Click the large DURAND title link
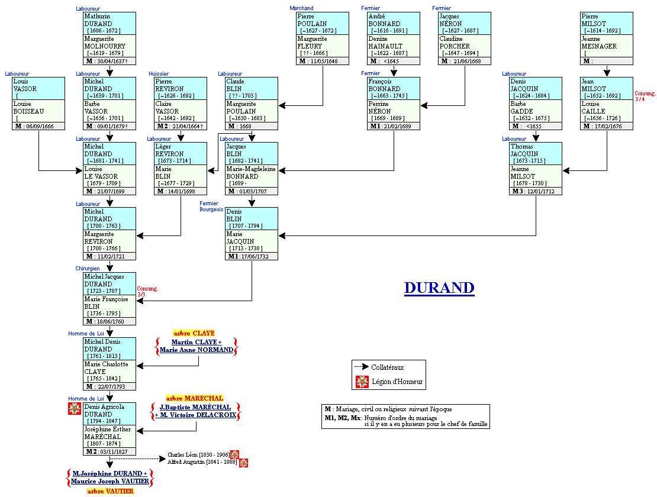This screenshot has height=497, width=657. (x=439, y=288)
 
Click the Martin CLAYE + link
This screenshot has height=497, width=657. (x=197, y=342)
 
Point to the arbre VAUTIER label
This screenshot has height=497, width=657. (x=110, y=491)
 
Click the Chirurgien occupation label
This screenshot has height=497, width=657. (x=88, y=269)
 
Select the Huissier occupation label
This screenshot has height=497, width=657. (x=159, y=73)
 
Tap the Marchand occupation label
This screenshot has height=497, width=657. (x=301, y=8)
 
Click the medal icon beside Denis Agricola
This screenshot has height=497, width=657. (x=75, y=408)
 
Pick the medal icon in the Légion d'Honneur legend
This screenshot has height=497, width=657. (x=362, y=382)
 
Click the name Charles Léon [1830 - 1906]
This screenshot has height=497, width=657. (x=198, y=454)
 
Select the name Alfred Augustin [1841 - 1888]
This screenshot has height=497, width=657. (x=202, y=462)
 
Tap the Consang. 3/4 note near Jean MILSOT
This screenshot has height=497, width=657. (x=645, y=96)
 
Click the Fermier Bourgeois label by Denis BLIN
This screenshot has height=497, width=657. (x=211, y=206)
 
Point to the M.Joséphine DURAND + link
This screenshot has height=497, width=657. (x=109, y=473)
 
